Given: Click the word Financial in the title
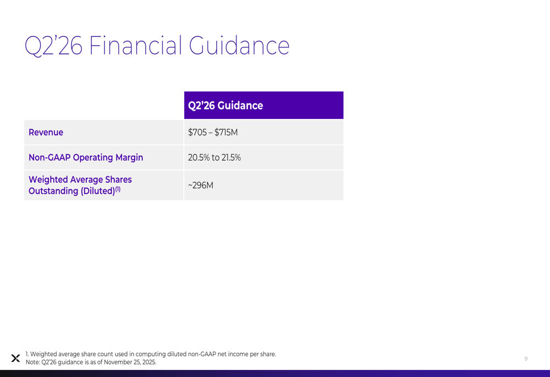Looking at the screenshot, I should (136, 46).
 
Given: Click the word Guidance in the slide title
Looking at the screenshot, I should (239, 46).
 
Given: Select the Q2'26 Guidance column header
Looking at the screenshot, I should (226, 105).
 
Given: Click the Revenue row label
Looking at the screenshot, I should (46, 133).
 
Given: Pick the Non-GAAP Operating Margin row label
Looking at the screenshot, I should (86, 157).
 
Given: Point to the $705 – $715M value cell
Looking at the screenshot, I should (213, 133).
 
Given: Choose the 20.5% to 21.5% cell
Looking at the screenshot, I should (215, 157).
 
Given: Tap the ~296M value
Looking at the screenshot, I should (201, 185).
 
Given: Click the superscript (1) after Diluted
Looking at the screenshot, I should (117, 189).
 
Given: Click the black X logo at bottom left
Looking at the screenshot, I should (15, 358).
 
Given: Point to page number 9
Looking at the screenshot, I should (526, 359).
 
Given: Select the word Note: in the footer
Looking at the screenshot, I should (32, 362).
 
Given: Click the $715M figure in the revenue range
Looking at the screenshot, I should (226, 133).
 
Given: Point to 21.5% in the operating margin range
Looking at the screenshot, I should (231, 157).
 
